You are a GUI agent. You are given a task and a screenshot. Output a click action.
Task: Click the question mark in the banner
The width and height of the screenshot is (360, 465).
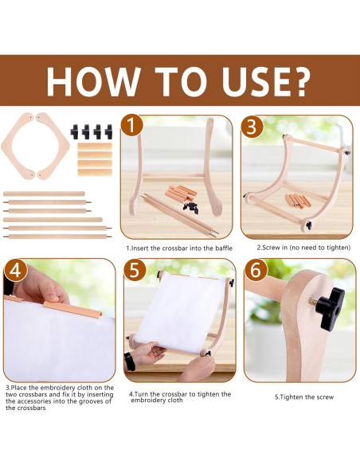(x=299, y=81)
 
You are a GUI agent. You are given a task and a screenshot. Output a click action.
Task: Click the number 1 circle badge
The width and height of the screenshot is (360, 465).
(x=131, y=127)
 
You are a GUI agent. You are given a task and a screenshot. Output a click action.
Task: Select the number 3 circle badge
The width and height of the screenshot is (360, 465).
(x=252, y=127)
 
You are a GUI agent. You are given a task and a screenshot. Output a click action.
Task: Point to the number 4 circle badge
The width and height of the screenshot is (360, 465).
(x=16, y=270)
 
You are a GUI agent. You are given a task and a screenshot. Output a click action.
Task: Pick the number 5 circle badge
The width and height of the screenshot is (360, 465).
(x=135, y=270)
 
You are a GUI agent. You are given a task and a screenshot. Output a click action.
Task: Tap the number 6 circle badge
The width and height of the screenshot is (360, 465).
(x=256, y=270)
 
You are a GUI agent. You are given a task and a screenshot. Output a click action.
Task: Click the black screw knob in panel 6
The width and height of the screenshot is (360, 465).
(x=330, y=309)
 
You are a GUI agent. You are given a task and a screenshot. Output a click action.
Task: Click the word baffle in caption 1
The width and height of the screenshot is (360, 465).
(x=224, y=248)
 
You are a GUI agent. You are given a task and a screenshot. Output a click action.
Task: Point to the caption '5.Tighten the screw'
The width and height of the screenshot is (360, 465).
(x=304, y=397)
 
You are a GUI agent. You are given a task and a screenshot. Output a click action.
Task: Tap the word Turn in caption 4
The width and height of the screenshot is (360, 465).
(x=142, y=394)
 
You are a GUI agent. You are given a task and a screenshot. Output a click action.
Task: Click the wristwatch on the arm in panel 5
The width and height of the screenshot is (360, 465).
(x=130, y=361)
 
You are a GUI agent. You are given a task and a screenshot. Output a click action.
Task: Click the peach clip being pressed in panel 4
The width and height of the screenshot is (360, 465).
(x=73, y=309)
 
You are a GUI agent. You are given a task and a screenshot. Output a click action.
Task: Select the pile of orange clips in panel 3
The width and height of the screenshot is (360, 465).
(x=298, y=201)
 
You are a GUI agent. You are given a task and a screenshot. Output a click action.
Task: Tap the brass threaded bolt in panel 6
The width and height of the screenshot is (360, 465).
(x=313, y=303)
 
